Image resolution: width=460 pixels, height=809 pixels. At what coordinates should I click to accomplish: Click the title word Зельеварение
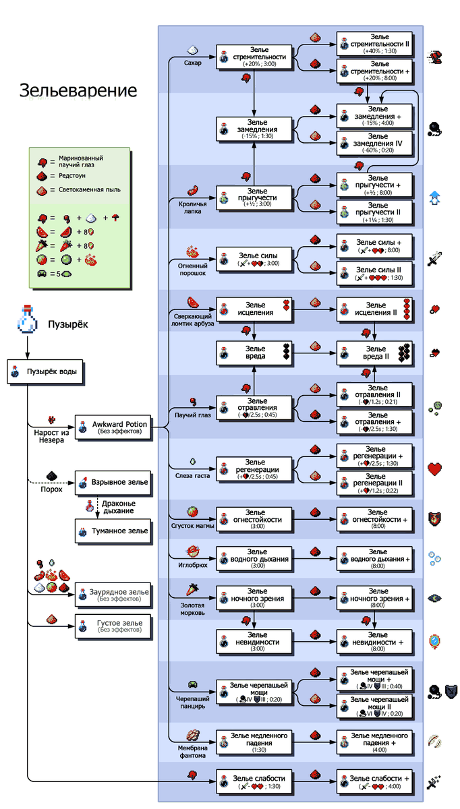[x=77, y=90]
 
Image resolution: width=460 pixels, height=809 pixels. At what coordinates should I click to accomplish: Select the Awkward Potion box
[x=112, y=427]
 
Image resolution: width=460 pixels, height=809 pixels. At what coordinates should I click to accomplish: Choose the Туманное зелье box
[x=112, y=531]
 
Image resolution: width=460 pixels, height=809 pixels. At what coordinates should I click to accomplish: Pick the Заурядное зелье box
[x=112, y=595]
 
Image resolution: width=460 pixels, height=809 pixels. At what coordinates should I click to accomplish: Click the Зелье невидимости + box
[x=375, y=640]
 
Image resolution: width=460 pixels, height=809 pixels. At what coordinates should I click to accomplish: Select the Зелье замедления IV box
[x=375, y=144]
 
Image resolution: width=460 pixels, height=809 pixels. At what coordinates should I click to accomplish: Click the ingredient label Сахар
[x=193, y=62]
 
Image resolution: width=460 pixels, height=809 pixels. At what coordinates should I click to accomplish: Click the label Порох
[x=52, y=489]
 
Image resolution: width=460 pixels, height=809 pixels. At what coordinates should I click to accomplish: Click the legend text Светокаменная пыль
[x=90, y=190]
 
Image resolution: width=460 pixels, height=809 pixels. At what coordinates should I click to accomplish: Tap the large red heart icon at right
[x=435, y=469]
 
